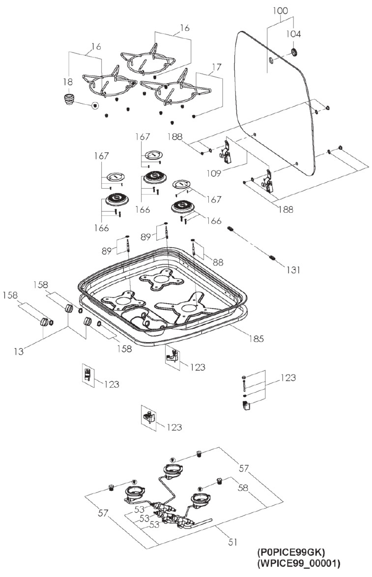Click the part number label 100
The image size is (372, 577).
[280, 11]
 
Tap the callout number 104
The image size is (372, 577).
[293, 34]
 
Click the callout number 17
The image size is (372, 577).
[217, 67]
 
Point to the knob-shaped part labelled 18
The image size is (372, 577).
[68, 99]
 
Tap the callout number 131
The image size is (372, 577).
[293, 270]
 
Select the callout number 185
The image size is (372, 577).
[257, 338]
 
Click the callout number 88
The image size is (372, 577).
[218, 262]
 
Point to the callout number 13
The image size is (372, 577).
[18, 351]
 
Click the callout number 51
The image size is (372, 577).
[232, 542]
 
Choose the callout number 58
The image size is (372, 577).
[243, 488]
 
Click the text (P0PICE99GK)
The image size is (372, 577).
[291, 552]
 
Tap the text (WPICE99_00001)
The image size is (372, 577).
[299, 563]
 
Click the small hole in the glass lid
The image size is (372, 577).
[271, 60]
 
